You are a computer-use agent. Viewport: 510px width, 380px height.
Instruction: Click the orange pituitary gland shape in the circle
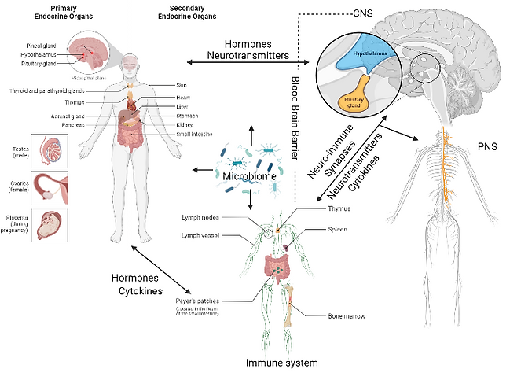[355, 100]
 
